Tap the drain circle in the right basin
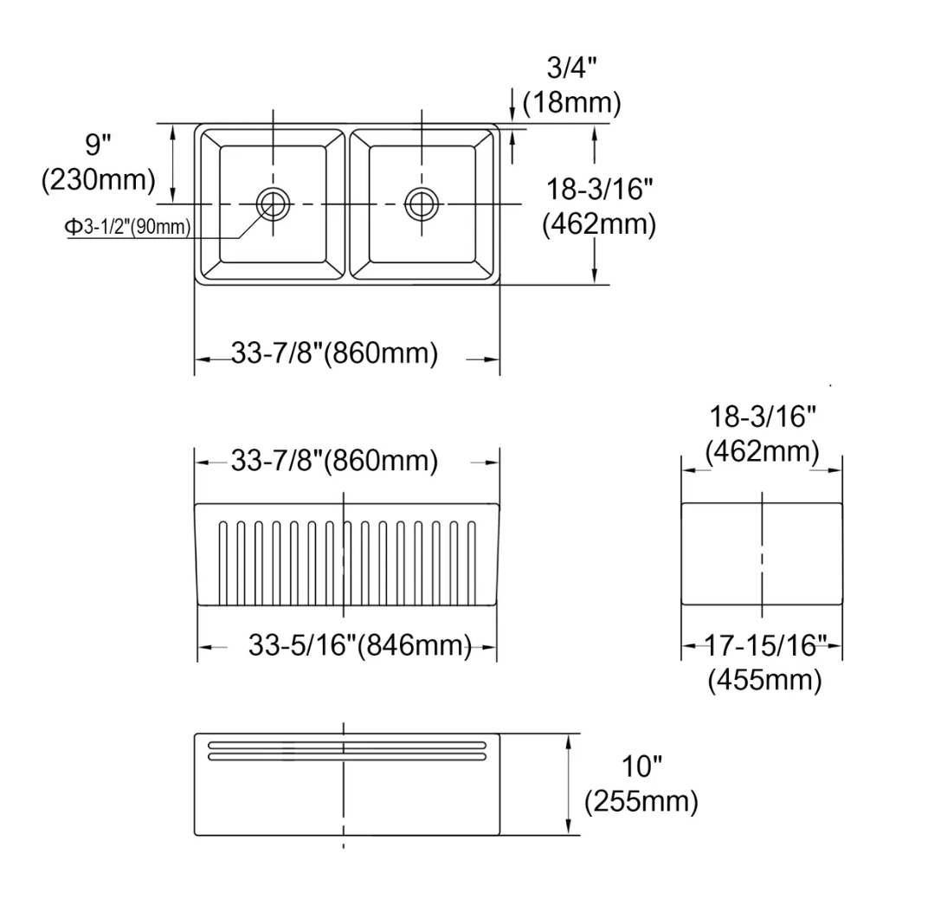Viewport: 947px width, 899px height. pos(421,204)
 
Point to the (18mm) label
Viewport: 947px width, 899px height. pos(572,103)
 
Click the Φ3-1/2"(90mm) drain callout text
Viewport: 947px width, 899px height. pos(127,227)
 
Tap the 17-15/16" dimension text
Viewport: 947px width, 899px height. pos(763,645)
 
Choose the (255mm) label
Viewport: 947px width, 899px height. pos(641,801)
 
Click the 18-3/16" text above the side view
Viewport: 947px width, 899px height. pos(763,417)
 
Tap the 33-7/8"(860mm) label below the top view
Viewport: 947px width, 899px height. pos(334,354)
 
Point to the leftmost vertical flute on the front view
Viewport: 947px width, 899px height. pos(222,562)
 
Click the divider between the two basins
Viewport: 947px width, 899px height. pos(346,204)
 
